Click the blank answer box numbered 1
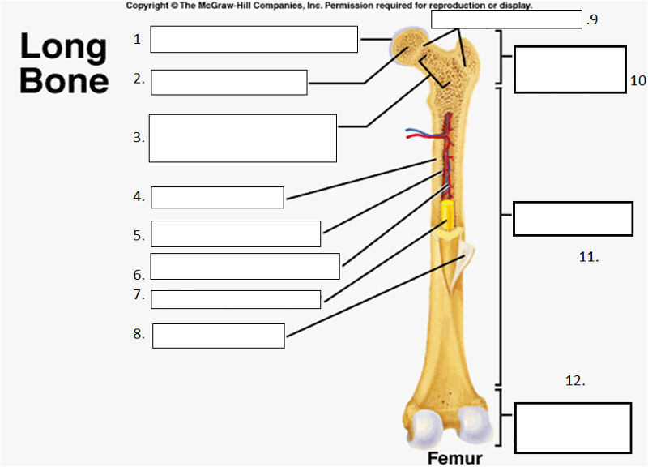click(254, 39)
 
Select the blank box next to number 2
click(228, 82)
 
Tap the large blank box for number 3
click(243, 138)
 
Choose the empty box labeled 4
click(217, 197)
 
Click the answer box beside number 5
click(236, 233)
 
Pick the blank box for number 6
click(245, 266)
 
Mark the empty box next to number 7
click(236, 299)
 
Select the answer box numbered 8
click(218, 336)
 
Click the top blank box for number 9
click(506, 19)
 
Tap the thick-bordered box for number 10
click(569, 70)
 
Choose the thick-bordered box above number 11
click(573, 218)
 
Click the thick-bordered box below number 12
click(573, 427)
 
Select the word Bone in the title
click(65, 80)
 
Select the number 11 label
click(588, 257)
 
